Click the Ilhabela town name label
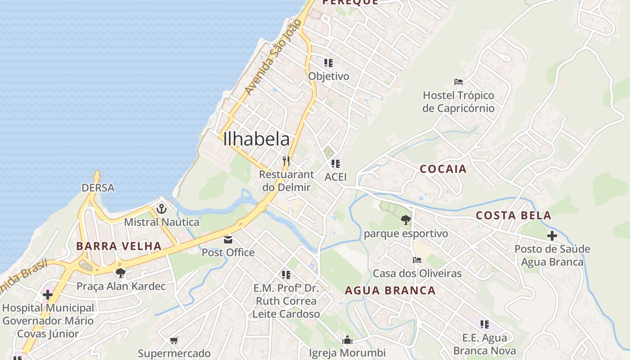pos(256,139)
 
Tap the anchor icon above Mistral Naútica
pos(161,209)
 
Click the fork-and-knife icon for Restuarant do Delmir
pos(286,161)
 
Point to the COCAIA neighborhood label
pos(443,169)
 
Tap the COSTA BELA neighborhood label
pos(513,216)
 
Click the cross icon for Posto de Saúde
pos(552,235)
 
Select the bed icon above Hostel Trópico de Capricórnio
pos(459,82)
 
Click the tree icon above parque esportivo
pos(405,220)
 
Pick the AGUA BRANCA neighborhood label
pos(390,291)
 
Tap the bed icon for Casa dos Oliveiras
pos(417,260)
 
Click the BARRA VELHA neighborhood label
pos(119,246)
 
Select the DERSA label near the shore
pos(98,188)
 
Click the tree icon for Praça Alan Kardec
pos(120,272)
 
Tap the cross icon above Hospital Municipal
pos(48,295)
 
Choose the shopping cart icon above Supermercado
pos(174,340)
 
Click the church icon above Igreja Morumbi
pos(347,340)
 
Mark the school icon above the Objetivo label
pos(328,63)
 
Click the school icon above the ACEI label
pos(335,164)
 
